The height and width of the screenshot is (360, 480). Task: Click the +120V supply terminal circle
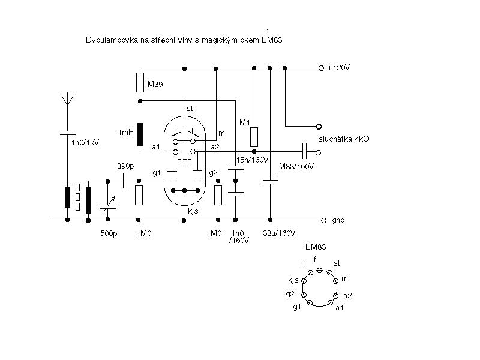321,68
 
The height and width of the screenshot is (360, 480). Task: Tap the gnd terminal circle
323,220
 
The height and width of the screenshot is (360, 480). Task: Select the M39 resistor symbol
140,82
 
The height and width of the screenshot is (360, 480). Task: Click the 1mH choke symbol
140,134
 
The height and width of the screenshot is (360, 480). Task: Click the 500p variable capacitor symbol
108,206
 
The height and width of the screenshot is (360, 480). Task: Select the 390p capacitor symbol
125,181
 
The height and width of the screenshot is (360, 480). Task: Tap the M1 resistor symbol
254,137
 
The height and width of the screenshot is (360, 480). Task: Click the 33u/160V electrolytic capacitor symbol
271,182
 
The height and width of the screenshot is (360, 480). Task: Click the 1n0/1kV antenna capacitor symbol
67,133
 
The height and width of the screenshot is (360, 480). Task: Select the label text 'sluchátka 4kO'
344,139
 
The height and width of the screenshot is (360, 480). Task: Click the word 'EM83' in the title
272,40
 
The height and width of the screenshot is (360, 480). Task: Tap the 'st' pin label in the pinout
337,263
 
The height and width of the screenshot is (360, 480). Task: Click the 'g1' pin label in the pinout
297,307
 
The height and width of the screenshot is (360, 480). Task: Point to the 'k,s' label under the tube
193,211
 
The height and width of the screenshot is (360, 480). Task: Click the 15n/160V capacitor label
252,160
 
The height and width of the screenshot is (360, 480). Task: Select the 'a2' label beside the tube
215,147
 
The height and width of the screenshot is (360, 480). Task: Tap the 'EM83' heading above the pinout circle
316,247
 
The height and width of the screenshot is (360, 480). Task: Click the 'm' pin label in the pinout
344,278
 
